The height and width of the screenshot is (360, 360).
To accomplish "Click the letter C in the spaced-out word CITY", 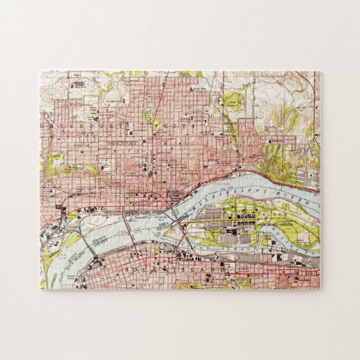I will click(174, 126).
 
